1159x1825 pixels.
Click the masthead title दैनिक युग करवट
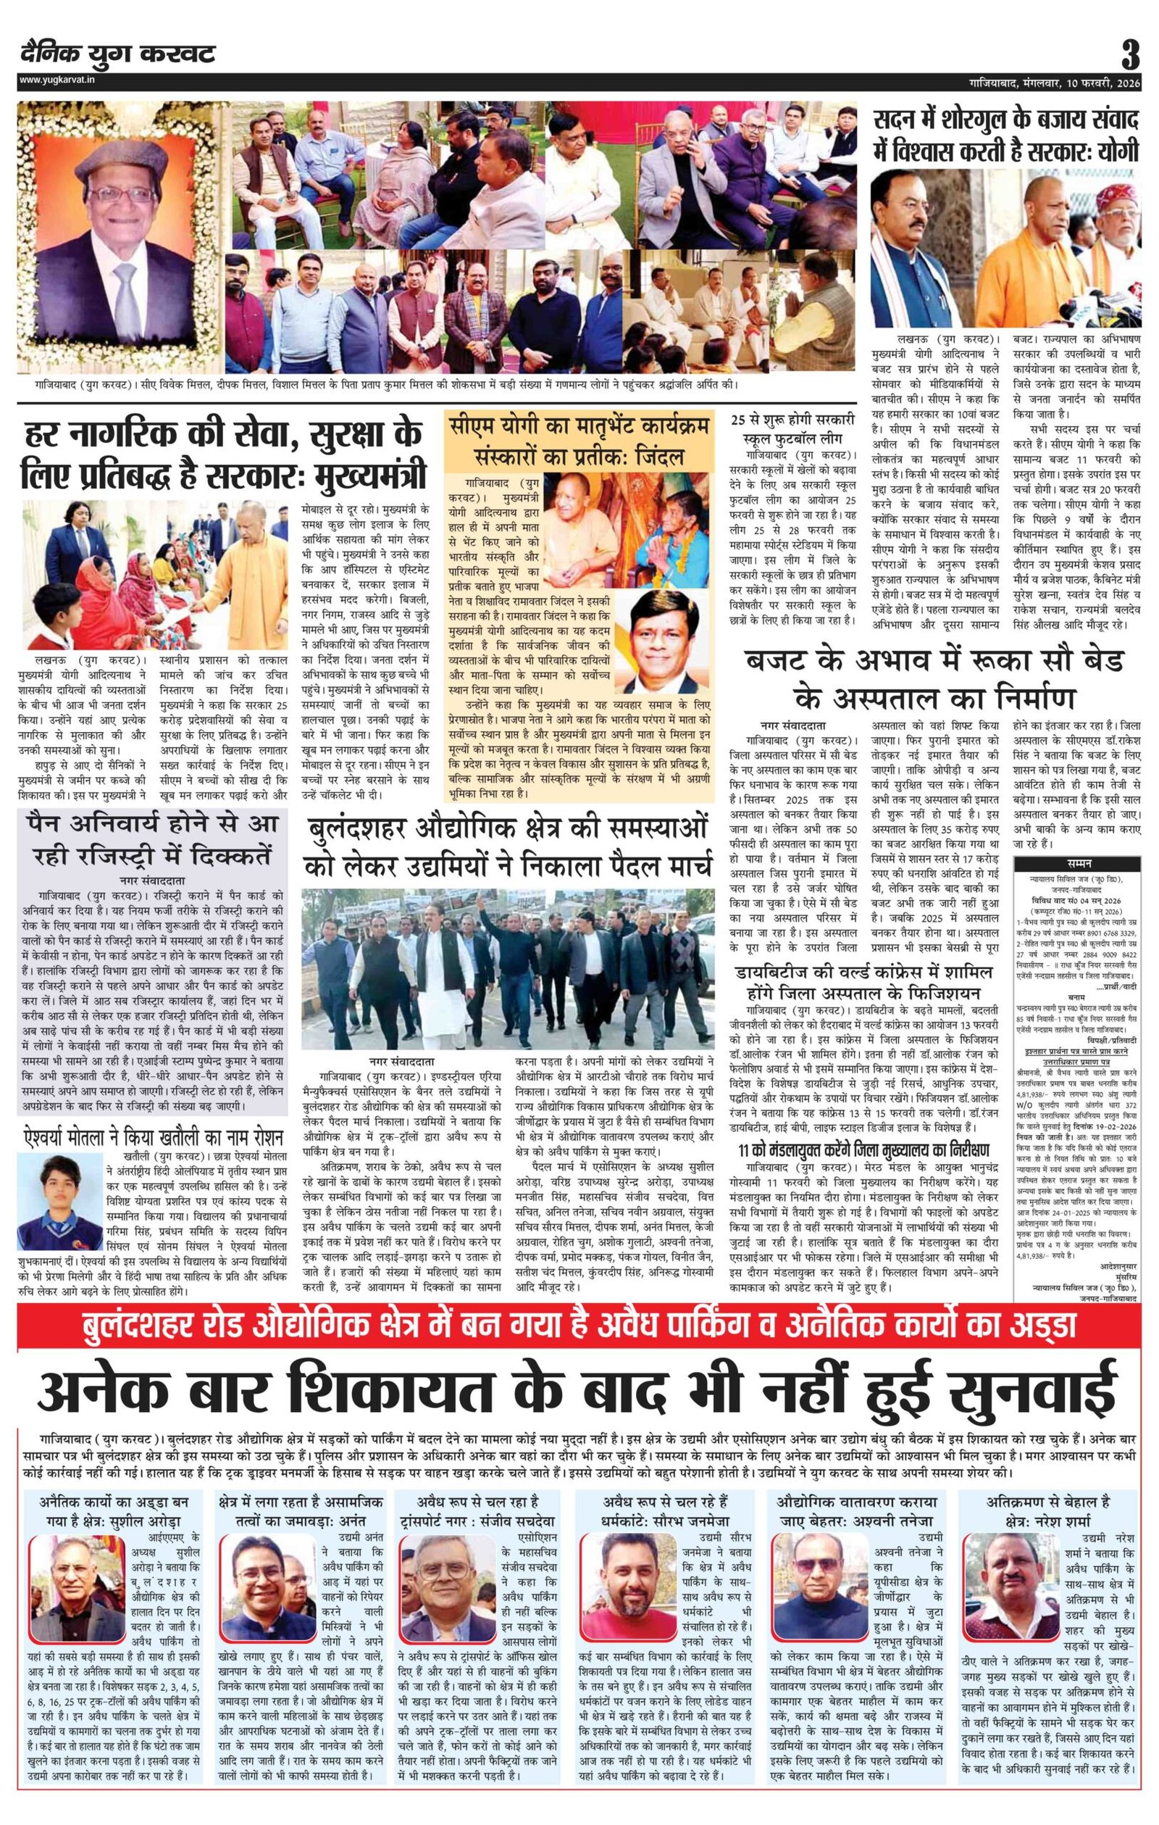[118, 54]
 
